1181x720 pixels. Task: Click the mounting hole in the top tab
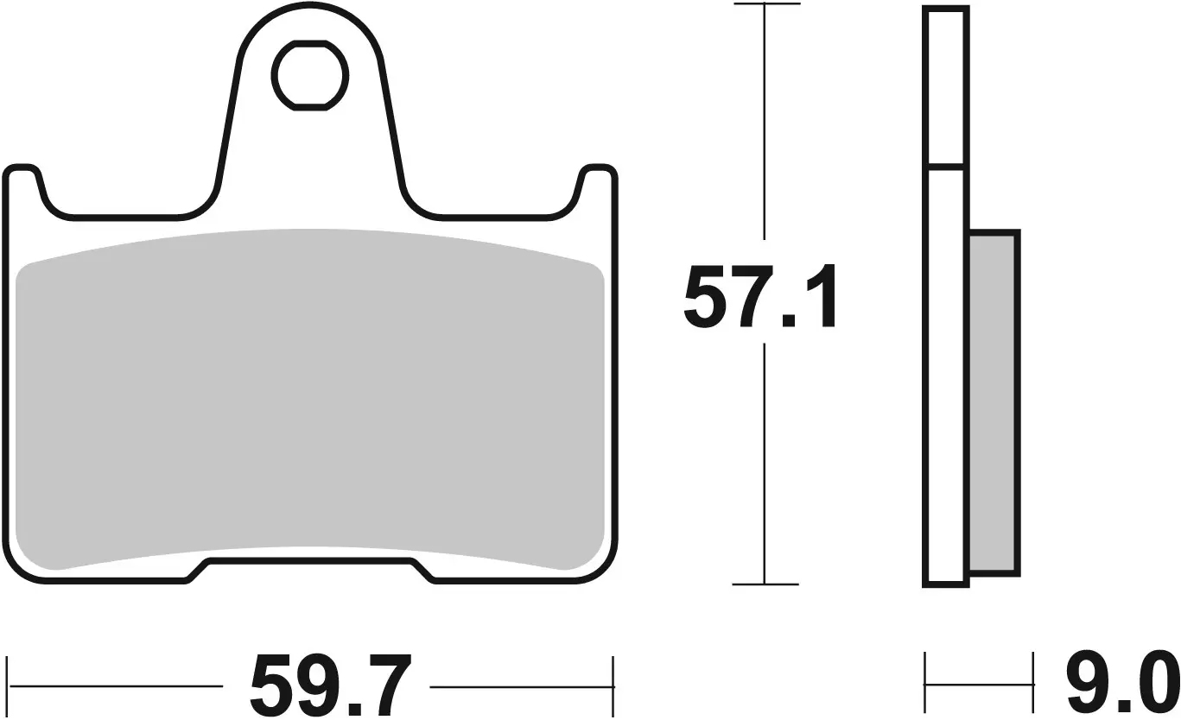point(311,76)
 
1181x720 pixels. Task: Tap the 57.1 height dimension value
point(759,297)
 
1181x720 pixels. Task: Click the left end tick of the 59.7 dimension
point(8,687)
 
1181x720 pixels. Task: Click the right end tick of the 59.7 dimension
point(613,687)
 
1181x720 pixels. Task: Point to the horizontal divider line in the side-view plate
point(945,164)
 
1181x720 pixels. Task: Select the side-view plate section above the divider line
point(945,86)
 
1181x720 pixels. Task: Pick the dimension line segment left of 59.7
point(117,687)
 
